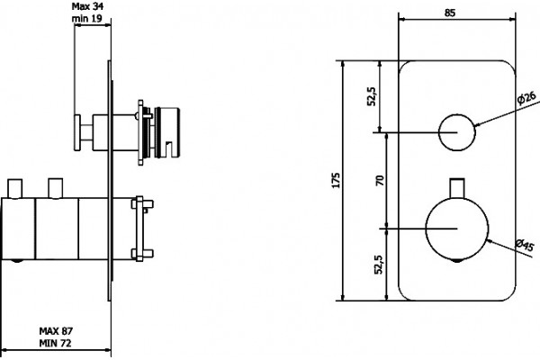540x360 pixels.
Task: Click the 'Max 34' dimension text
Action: [x=87, y=6]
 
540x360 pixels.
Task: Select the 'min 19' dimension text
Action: [x=86, y=18]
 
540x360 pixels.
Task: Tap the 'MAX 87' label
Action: [x=56, y=331]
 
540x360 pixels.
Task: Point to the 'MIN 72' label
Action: [x=55, y=344]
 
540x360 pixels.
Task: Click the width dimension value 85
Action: [x=450, y=13]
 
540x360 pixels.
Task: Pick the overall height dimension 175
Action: [x=336, y=180]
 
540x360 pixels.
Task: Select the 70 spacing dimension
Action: [x=379, y=181]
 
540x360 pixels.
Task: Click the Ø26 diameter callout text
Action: [x=526, y=97]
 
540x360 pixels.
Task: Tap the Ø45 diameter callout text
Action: [x=525, y=246]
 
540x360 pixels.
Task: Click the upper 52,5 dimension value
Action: [x=372, y=96]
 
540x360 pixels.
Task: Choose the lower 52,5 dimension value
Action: [x=379, y=265]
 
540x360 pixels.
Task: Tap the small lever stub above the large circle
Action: [x=457, y=188]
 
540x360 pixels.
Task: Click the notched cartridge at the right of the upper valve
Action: [x=167, y=132]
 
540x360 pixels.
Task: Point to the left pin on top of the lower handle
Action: [x=14, y=188]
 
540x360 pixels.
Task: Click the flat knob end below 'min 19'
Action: [x=77, y=132]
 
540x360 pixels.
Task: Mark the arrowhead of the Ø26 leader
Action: [x=478, y=124]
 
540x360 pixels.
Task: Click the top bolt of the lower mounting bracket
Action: [x=142, y=204]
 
